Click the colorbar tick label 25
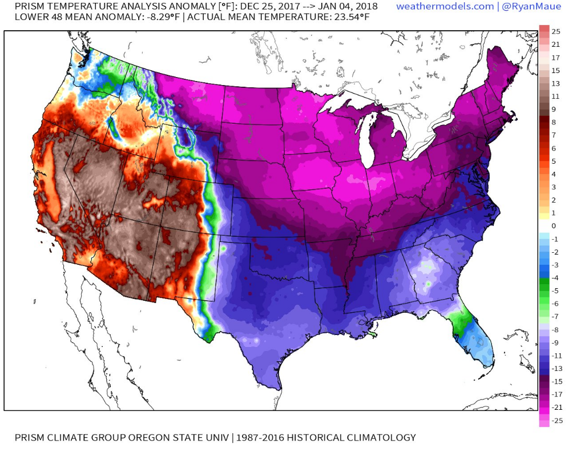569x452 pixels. tap(556, 32)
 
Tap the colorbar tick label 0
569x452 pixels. tap(554, 226)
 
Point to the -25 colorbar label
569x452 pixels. tap(557, 420)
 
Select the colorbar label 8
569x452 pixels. tap(554, 122)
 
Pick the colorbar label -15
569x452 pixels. tap(557, 381)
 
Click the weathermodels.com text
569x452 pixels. tap(445, 6)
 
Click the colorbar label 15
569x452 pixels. tap(556, 71)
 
